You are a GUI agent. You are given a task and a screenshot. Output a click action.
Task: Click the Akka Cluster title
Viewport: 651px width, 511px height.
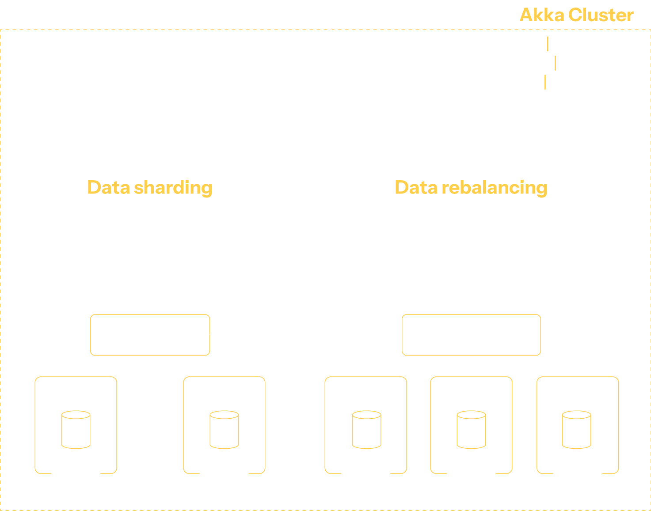pos(576,15)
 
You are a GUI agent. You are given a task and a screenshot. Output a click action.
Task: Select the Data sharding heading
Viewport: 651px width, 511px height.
pos(149,187)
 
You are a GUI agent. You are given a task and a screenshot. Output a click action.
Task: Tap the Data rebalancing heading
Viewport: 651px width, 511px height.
pos(471,187)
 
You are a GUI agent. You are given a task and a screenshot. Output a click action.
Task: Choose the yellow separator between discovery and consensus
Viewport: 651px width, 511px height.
pos(548,44)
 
